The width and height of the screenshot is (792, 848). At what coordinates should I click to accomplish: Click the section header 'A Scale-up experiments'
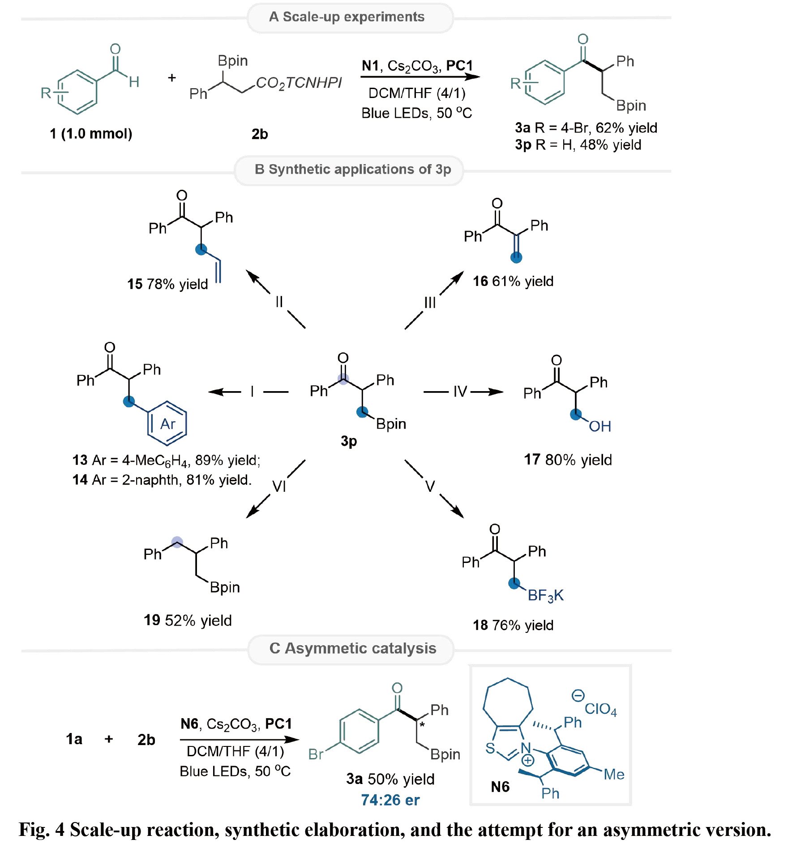pos(347,17)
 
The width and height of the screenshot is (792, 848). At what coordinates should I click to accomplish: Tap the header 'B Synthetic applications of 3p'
pos(352,169)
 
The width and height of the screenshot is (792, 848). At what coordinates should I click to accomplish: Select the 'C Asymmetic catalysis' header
pos(352,648)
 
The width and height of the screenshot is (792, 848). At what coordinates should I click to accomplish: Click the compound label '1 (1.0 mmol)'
pos(91,133)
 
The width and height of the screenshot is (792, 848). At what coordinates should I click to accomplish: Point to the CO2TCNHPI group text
pos(299,83)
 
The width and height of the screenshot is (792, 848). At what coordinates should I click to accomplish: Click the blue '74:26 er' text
pos(390,800)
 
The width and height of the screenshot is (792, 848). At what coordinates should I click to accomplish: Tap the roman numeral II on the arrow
pos(279,302)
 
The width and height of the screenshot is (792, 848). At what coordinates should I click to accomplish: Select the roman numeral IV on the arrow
pos(460,392)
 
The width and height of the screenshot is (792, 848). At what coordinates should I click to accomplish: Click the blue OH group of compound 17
pos(599,426)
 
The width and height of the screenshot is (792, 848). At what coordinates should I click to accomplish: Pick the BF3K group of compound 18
pos(545,596)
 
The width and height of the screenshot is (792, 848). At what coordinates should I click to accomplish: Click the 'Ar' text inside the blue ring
pos(167,424)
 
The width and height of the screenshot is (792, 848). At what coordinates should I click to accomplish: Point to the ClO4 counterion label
pos(600,709)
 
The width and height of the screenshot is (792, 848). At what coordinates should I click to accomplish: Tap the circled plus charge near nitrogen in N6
pos(528,760)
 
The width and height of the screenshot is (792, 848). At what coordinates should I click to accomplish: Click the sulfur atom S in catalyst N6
pos(490,748)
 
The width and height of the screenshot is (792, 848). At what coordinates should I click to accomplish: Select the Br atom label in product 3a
pos(316,754)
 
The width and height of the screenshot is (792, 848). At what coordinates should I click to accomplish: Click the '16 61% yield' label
pos(513,281)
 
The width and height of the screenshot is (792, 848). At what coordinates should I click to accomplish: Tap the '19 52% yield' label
pos(188,620)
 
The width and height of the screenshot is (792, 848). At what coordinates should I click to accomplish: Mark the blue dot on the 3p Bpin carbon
pos(362,412)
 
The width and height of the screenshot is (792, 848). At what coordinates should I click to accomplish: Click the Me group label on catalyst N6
pos(614,774)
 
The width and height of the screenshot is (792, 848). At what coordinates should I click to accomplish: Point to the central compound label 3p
pos(349,441)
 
